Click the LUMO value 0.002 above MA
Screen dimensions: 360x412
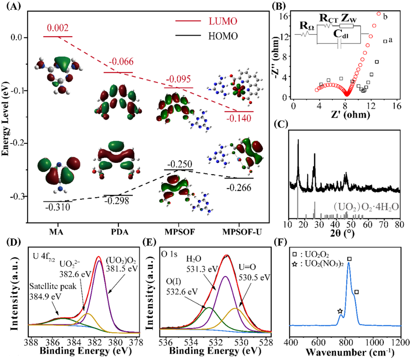(x=58, y=29)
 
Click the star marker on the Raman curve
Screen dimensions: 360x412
(x=340, y=311)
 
